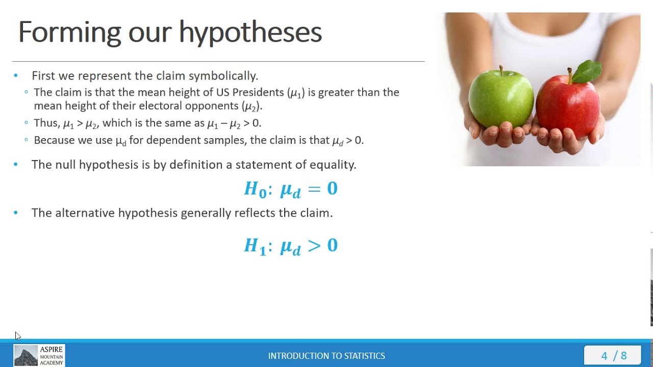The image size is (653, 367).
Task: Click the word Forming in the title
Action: tap(69, 32)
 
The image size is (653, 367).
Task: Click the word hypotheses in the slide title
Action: tap(250, 32)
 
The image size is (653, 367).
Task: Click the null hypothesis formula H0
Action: tap(291, 189)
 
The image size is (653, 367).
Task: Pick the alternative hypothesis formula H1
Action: tap(291, 246)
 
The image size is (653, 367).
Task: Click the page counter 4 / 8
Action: tap(614, 356)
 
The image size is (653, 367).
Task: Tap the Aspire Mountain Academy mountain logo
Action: tap(26, 355)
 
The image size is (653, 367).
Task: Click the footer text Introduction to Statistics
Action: tap(326, 356)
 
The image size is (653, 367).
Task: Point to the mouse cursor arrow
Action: tap(17, 335)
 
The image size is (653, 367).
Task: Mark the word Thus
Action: tap(46, 123)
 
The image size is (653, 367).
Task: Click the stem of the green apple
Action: tap(501, 70)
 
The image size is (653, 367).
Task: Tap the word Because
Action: tap(54, 140)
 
